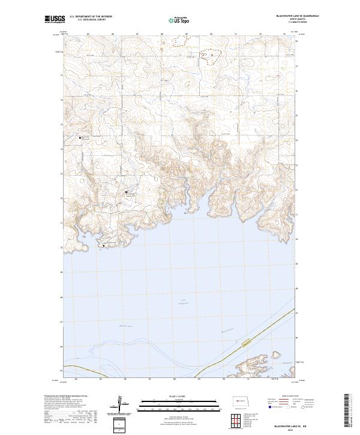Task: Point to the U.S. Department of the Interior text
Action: (x=91, y=17)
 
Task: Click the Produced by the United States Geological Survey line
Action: (x=63, y=395)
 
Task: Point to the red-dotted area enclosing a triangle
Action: (x=211, y=55)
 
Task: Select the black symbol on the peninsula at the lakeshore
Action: (x=104, y=245)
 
